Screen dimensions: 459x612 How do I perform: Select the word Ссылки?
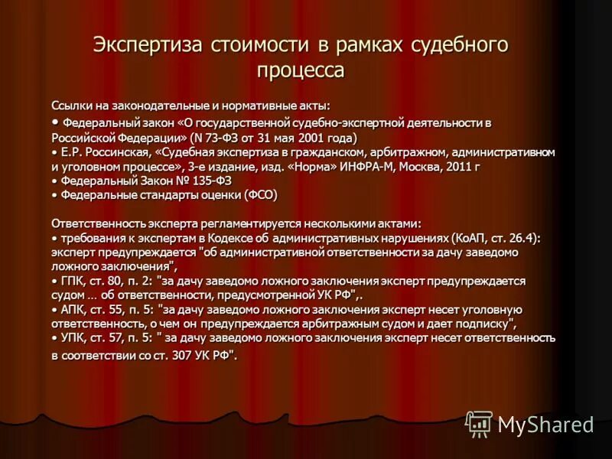[71, 106]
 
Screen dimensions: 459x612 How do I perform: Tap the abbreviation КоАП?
[468, 238]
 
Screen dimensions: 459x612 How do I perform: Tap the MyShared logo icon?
[479, 423]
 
